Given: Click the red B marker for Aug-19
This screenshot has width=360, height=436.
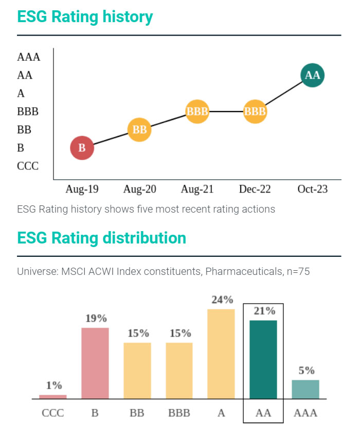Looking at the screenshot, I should tap(82, 148).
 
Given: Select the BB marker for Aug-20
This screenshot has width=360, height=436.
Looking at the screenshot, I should tap(139, 130).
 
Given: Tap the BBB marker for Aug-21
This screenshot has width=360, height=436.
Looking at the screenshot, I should tap(197, 111).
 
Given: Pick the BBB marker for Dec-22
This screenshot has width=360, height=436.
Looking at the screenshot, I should tap(255, 111).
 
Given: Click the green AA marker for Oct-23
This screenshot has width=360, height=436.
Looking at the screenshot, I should tap(312, 75).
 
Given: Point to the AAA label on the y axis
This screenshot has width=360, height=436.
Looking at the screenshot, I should tap(28, 57).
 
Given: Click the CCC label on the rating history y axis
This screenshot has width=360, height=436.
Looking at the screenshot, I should tap(28, 166).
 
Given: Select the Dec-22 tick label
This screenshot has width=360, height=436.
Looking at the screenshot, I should tap(255, 189).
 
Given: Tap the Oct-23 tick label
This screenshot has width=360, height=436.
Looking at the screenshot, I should tap(312, 189).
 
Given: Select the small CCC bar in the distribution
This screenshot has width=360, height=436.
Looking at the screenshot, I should tap(53, 396).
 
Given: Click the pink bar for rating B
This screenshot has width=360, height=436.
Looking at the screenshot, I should tap(95, 363).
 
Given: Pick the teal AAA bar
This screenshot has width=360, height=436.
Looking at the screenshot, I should tap(305, 389).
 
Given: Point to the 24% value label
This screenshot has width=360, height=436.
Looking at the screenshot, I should tap(222, 300).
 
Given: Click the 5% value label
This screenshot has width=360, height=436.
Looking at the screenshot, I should tap(306, 371).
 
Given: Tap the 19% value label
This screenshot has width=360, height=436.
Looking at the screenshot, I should tap(96, 318).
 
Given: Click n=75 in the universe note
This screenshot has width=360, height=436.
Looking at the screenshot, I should tap(298, 271).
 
